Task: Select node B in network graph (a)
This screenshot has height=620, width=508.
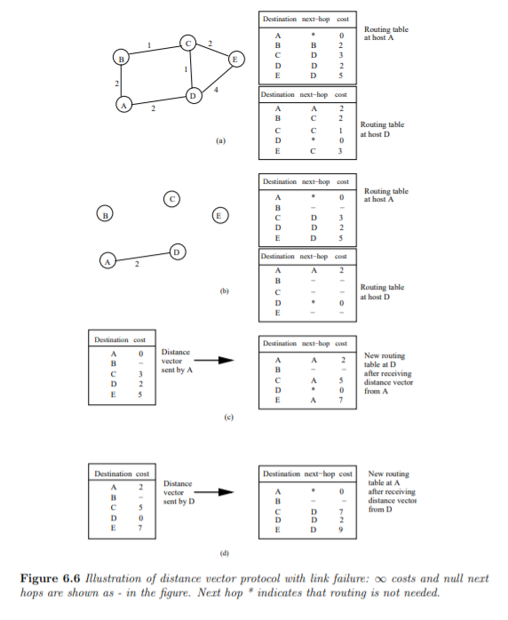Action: click(x=122, y=59)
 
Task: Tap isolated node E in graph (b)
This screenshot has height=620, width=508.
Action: click(x=219, y=215)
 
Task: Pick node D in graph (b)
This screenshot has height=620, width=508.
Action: click(x=177, y=252)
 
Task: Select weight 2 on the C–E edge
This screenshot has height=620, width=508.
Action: click(x=211, y=44)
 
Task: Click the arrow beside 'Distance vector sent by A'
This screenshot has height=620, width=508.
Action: click(x=213, y=361)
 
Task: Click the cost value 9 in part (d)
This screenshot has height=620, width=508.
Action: click(x=340, y=529)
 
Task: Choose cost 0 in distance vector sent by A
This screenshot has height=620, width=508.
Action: click(x=140, y=354)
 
